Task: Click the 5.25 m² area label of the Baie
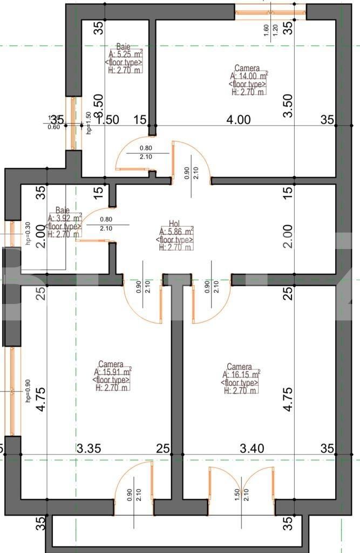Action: (x=125, y=55)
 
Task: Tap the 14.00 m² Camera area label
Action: (x=249, y=77)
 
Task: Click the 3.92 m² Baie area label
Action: (x=64, y=218)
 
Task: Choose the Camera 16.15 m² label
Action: (x=241, y=374)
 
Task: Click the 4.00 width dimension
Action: (x=238, y=120)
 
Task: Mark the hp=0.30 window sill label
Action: (x=28, y=233)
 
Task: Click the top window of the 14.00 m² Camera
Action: (x=270, y=10)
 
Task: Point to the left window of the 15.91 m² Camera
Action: (x=11, y=390)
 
